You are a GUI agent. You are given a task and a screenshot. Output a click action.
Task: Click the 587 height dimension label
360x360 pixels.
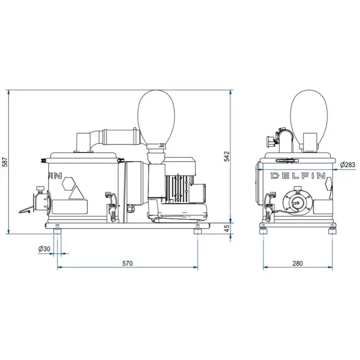click(5, 162)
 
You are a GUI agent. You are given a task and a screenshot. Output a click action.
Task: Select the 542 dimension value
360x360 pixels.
click(227, 156)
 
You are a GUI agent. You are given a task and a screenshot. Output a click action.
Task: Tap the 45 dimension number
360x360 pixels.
click(227, 229)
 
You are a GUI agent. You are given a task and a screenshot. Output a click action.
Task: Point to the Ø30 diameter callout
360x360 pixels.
click(44, 249)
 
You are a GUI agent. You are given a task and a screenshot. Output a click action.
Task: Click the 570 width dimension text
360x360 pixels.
click(127, 263)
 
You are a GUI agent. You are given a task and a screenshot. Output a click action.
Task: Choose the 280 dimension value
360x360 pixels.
click(297, 263)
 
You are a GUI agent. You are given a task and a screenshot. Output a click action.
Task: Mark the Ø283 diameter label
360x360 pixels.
click(347, 165)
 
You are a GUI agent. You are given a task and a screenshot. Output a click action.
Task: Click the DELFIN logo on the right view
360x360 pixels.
click(298, 176)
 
